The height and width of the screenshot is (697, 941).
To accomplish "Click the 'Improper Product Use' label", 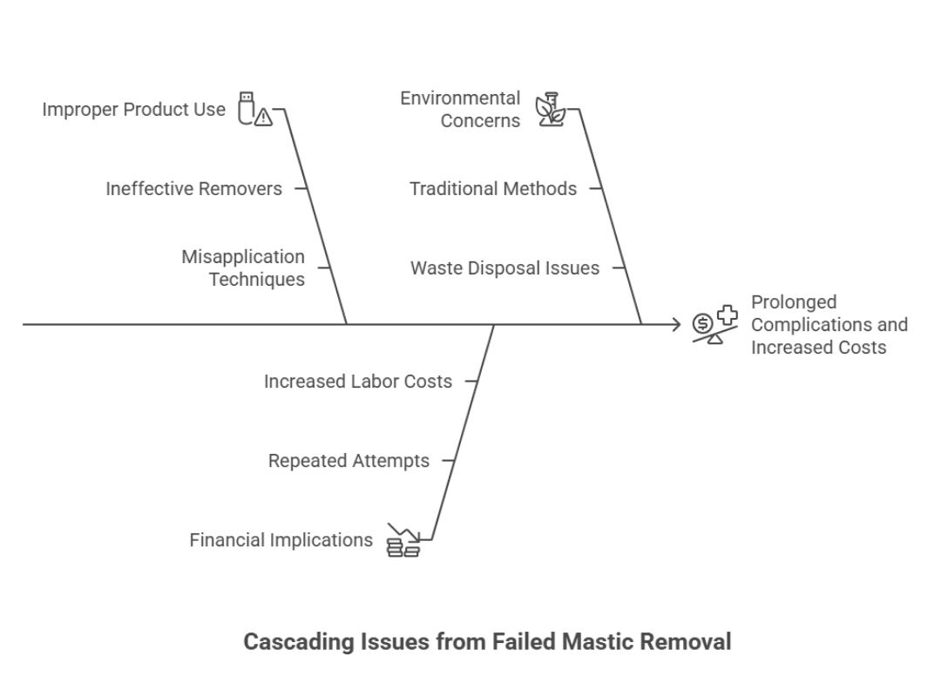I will point(133,110).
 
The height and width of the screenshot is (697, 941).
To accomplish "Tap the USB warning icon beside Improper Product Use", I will point(254,110).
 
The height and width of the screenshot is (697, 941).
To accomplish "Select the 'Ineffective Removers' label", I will point(193,188).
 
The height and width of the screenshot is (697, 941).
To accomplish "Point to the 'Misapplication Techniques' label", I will point(243,268).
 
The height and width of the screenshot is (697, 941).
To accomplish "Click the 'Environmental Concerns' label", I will point(460,110).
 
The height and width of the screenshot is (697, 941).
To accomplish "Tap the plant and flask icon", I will point(550,110).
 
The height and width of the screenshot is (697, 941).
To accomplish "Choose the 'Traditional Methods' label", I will point(493,188).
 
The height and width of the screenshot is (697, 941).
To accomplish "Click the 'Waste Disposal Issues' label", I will point(504,268).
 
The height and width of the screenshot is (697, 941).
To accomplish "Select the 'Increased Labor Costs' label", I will point(358,382).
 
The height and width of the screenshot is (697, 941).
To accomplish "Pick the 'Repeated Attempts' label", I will point(349,461).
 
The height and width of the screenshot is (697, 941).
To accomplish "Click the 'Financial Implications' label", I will point(281,540).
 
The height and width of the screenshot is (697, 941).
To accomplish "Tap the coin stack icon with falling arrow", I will point(403,541).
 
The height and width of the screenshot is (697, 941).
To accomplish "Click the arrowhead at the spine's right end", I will point(676,325).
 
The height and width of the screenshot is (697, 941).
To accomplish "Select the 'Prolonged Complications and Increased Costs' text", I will point(829,325).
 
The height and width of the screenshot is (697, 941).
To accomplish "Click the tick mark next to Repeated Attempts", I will point(448,461).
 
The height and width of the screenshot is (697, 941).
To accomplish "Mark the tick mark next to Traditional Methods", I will point(596,188).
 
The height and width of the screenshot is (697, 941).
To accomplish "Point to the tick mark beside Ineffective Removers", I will point(301,188).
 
